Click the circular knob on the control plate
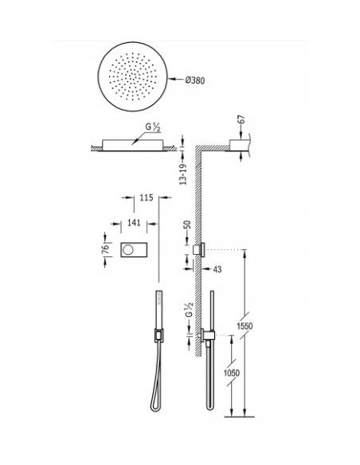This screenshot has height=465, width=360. point(127,251)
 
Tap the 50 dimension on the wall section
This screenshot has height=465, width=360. point(187,226)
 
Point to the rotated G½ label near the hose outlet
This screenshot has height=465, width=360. point(188,314)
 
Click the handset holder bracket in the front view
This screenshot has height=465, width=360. point(157,335)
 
